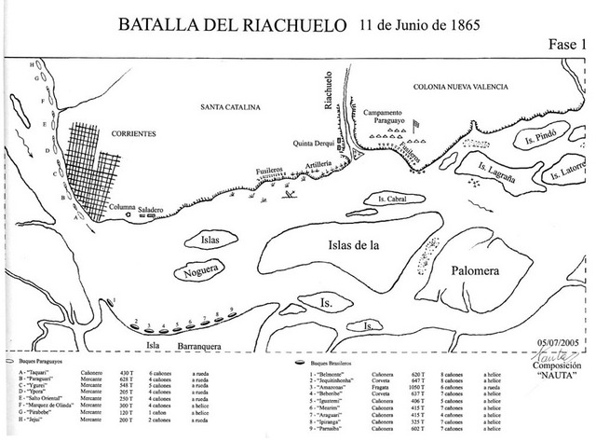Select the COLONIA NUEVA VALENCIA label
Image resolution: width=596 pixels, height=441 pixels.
point(460,86)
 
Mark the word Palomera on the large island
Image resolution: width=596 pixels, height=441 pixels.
point(479,270)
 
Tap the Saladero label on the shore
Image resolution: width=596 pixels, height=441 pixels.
point(153,211)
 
